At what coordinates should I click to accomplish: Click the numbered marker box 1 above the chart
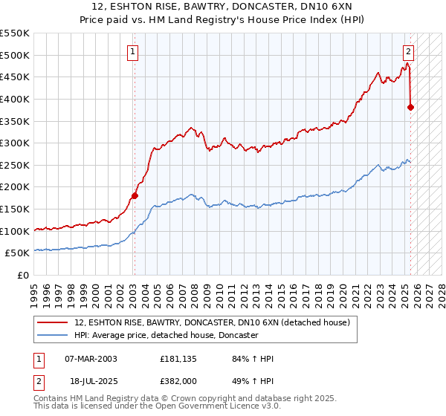tap(132, 52)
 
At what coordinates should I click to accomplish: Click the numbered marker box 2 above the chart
tap(409, 52)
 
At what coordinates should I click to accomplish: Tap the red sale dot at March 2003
tap(135, 196)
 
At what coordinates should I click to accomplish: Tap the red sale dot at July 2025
tap(411, 107)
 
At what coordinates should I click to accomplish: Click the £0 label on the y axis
tap(25, 275)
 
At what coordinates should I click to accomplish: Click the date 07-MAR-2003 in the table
tap(91, 360)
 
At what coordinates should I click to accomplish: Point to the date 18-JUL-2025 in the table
tap(91, 380)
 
